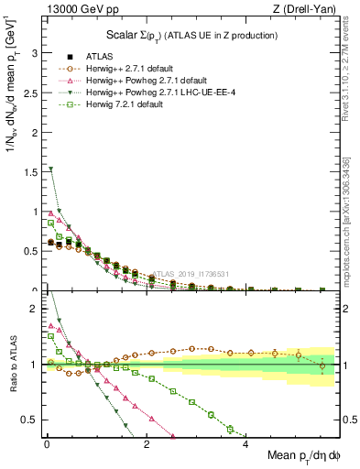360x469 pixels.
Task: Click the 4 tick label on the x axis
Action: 245,444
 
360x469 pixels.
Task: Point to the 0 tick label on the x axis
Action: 47,444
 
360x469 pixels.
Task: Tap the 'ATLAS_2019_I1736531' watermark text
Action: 195,273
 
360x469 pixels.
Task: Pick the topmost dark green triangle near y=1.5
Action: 50,169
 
